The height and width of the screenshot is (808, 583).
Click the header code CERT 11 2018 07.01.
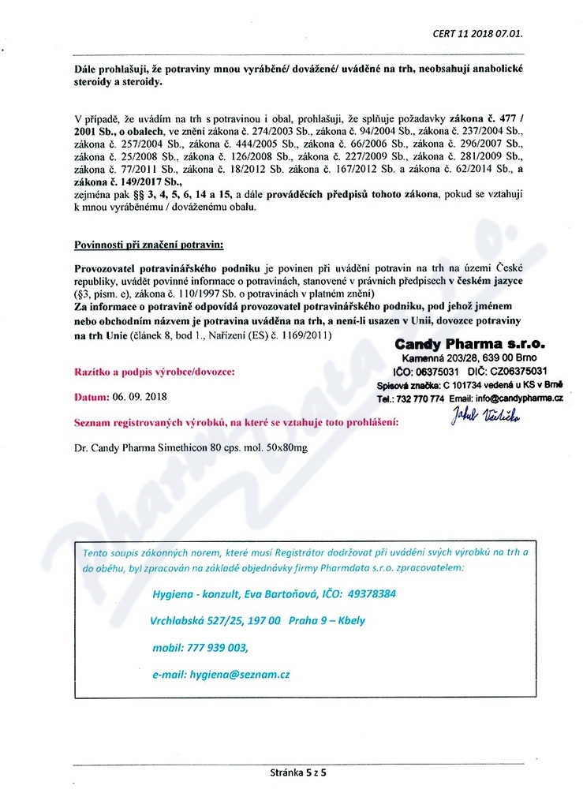pyautogui.click(x=477, y=33)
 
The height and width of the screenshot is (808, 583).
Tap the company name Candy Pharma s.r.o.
pyautogui.click(x=470, y=345)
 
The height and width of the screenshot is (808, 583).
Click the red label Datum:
pyautogui.click(x=90, y=396)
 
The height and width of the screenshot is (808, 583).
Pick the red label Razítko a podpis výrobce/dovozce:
pyautogui.click(x=154, y=370)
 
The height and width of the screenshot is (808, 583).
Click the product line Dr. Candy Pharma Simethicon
pyautogui.click(x=189, y=447)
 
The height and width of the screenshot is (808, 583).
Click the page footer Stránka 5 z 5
pyautogui.click(x=297, y=772)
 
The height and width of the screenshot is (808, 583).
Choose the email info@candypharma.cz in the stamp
pyautogui.click(x=518, y=398)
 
